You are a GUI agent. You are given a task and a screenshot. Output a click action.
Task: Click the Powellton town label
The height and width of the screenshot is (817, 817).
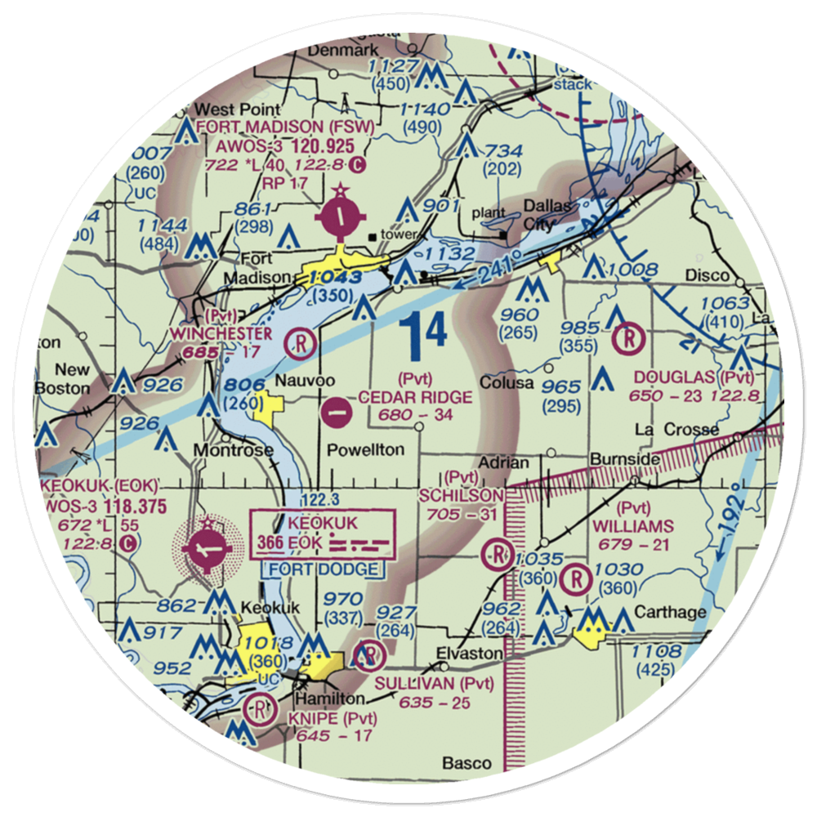point(365,449)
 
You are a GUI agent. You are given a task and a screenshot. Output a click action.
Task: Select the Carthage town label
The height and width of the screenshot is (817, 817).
point(660,613)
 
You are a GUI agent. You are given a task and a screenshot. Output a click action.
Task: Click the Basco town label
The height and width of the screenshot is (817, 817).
point(467,764)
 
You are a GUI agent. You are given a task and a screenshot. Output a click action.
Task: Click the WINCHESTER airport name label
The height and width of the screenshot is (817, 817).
point(221,334)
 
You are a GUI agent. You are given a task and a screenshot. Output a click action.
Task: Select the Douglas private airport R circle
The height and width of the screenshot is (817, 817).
point(629,337)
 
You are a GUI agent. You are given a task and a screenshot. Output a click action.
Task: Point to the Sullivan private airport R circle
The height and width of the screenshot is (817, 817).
point(370,654)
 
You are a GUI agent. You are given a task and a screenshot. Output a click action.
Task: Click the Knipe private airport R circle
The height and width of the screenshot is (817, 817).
point(260,707)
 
